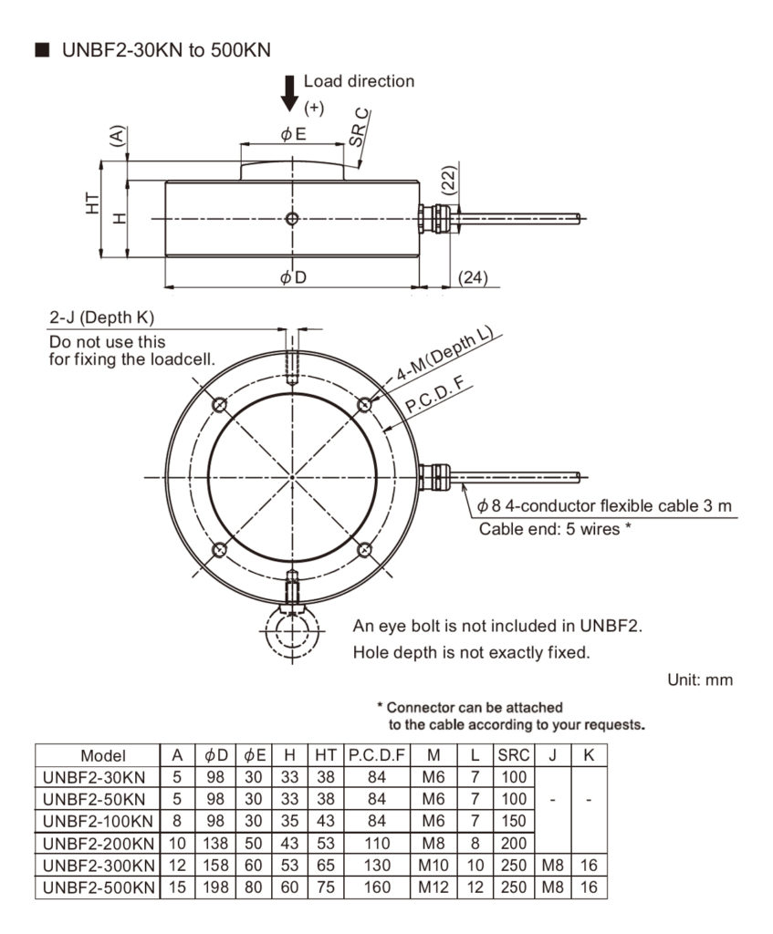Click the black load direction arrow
[x=289, y=92]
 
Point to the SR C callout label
[x=360, y=128]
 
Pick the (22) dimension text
[x=448, y=180]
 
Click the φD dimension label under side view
[x=292, y=277]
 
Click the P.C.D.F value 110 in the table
[x=375, y=843]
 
